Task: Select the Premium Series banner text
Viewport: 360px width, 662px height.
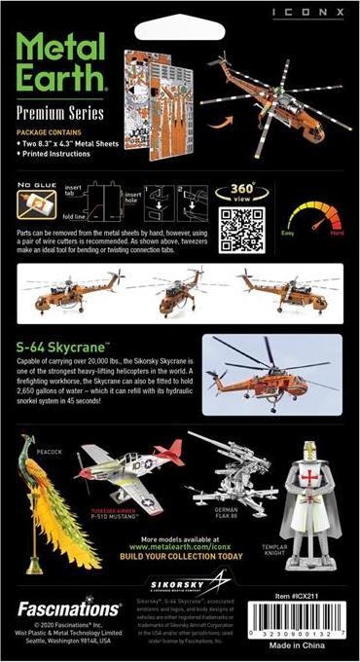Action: tap(57, 116)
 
